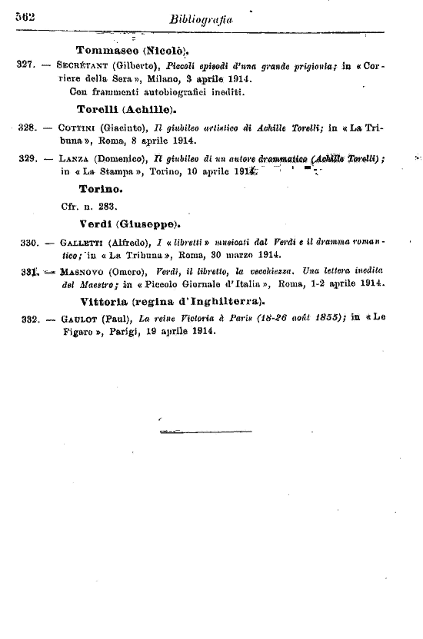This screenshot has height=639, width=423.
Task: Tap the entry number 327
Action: (x=27, y=66)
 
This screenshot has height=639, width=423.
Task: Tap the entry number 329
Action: (x=27, y=158)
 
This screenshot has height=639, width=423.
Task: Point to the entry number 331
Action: (x=27, y=271)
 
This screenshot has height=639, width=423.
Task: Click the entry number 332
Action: (x=27, y=319)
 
